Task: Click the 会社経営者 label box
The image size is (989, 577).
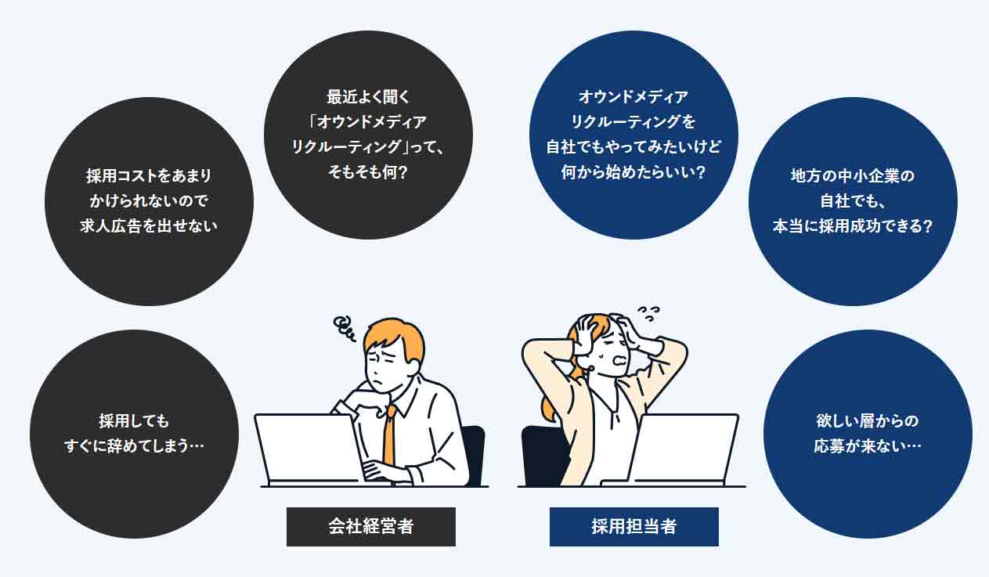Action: tap(371, 527)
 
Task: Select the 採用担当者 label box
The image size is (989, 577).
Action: tap(634, 527)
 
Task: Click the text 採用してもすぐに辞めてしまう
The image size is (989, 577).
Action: tap(134, 434)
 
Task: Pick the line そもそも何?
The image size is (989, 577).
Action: tap(368, 172)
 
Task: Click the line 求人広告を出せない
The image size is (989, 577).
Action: tap(149, 226)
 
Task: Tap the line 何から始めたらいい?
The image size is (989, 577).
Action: tap(633, 172)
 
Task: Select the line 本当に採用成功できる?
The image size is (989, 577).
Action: tap(853, 226)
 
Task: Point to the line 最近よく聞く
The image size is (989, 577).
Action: tap(368, 96)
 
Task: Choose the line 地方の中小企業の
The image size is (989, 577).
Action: tap(853, 175)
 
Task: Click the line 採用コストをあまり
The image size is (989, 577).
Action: tap(149, 175)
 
